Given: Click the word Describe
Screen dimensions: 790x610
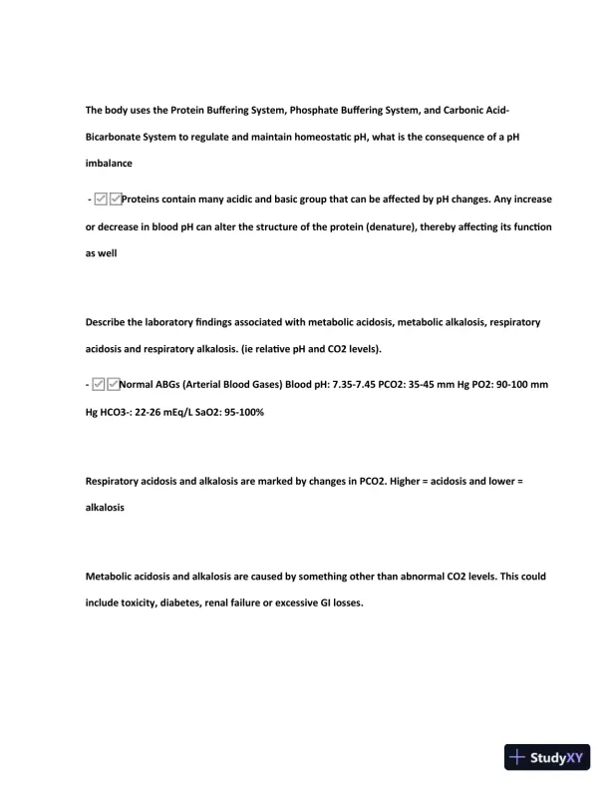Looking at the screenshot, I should tap(107, 321).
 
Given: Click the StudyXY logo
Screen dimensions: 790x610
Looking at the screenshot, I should tap(548, 757).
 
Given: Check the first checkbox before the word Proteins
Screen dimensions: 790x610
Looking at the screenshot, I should tap(101, 199).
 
